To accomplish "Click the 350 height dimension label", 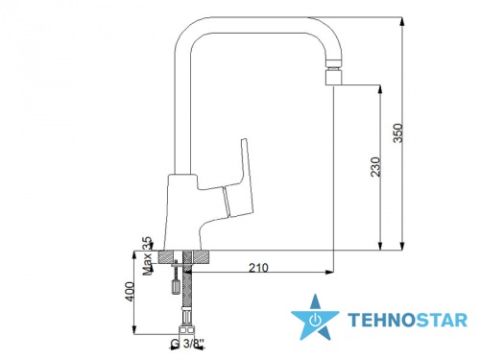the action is coord(398,132).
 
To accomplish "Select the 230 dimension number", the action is coord(375,166).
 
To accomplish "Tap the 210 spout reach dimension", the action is coord(258,268).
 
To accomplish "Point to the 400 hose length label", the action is coord(130,291).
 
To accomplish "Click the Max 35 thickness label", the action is coord(147,256).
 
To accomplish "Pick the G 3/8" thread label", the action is coord(187,344).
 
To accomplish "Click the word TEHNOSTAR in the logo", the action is coord(408,320).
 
